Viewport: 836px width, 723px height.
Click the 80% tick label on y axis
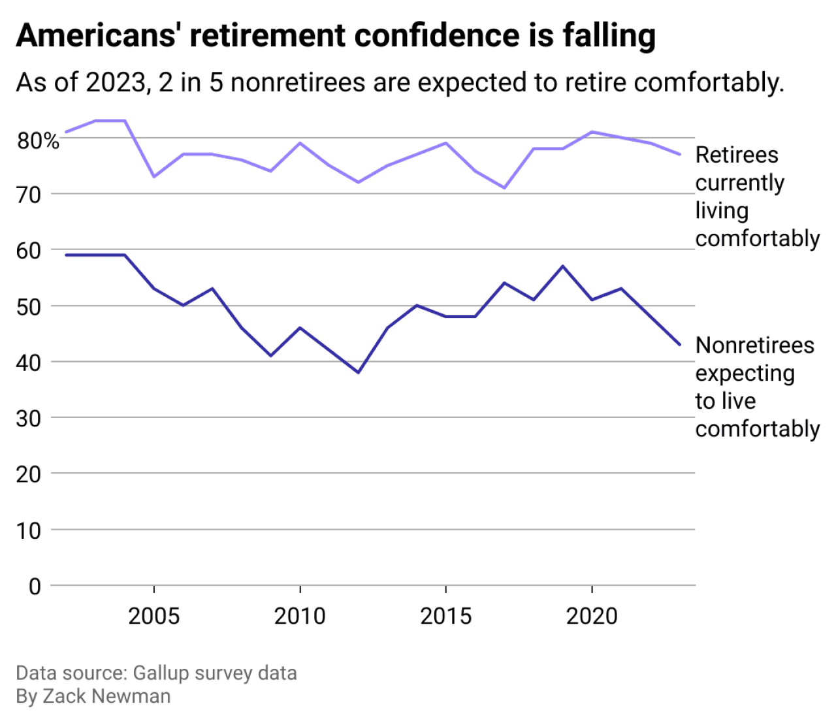click(38, 140)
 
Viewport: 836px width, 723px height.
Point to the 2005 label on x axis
click(153, 616)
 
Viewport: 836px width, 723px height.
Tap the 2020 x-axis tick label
click(592, 616)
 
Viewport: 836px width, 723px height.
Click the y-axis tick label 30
click(29, 419)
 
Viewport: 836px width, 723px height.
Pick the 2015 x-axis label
click(445, 616)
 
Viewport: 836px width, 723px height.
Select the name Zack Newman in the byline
click(106, 696)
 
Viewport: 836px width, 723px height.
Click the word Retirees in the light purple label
click(737, 155)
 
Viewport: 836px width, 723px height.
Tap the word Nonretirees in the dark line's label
click(755, 345)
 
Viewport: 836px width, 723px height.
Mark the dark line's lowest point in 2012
click(358, 372)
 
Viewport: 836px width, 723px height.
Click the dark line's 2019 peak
click(562, 266)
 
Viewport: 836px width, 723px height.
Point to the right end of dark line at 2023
click(680, 345)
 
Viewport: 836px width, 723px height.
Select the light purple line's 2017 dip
click(504, 187)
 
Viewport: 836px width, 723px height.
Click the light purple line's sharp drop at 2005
click(153, 176)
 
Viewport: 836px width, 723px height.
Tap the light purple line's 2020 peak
click(592, 132)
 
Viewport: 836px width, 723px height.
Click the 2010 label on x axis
click(300, 616)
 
